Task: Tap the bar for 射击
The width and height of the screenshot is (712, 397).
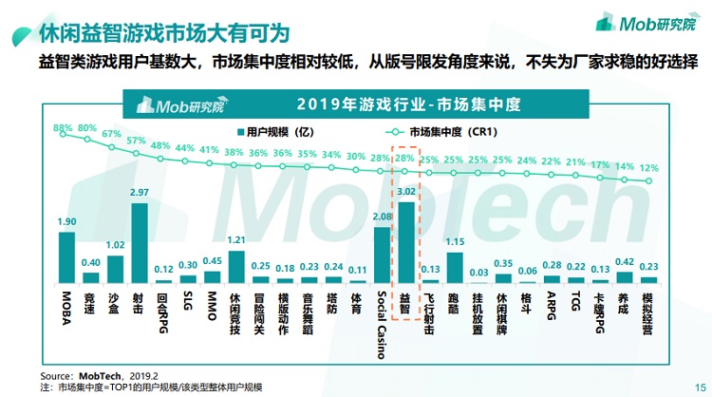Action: pyautogui.click(x=140, y=243)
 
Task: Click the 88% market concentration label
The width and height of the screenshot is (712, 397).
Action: pyautogui.click(x=63, y=127)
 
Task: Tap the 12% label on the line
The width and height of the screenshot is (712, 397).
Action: pyautogui.click(x=648, y=167)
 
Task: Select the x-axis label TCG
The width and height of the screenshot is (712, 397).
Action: pyautogui.click(x=576, y=302)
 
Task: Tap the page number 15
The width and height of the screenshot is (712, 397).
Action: pyautogui.click(x=700, y=386)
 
